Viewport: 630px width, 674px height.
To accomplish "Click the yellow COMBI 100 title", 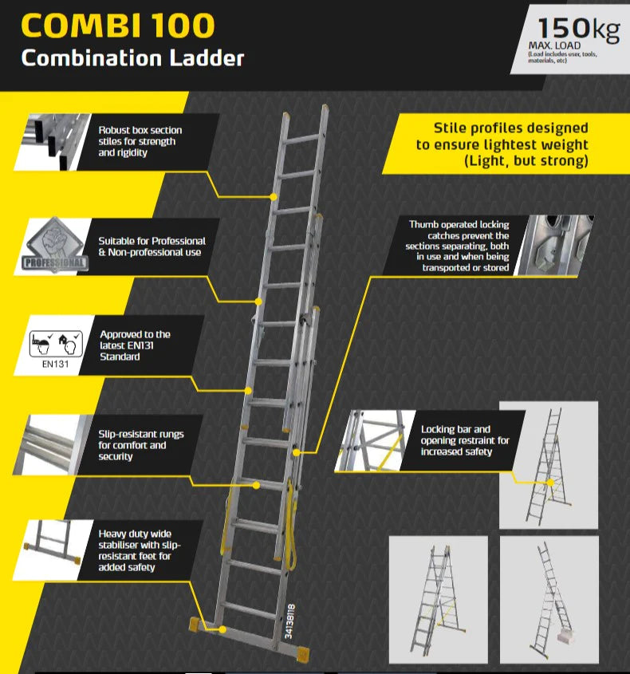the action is pos(117,26).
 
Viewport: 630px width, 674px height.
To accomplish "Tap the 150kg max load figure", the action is pos(578,29).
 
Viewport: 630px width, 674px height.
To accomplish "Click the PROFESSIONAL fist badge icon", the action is pos(54,245).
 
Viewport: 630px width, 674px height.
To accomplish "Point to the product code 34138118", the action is pos(290,621).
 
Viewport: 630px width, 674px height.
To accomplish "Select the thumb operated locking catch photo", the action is pos(554,245).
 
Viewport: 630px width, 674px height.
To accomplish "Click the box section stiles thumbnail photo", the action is pos(53,142).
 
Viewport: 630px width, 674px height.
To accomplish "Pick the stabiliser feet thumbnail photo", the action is pos(53,550).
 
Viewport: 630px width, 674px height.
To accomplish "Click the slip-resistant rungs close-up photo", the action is pos(53,445).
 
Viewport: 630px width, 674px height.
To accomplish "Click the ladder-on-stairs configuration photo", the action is pos(549,600).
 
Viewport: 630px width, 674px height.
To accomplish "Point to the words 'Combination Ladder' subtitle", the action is pos(132,58).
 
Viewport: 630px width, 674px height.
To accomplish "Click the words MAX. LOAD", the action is pos(554,45).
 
